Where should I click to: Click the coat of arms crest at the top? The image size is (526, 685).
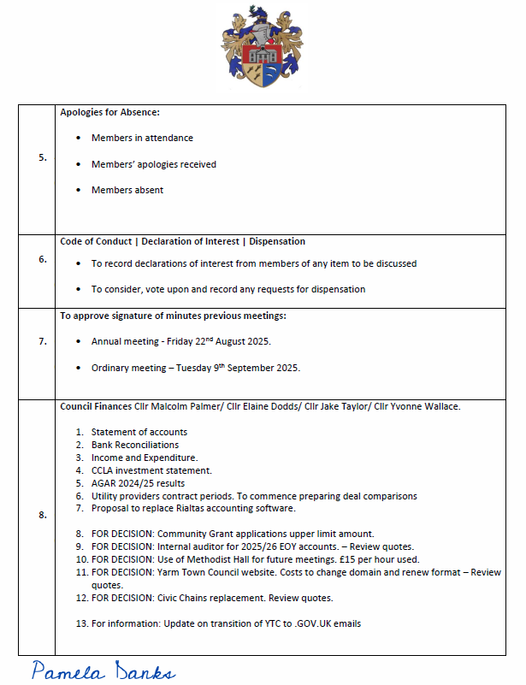click(x=263, y=48)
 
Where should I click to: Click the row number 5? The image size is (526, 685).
click(x=43, y=158)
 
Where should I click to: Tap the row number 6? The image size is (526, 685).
click(x=43, y=259)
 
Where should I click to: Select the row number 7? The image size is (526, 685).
click(x=43, y=341)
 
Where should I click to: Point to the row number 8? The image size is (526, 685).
click(x=43, y=515)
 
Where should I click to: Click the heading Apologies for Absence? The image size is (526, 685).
click(x=109, y=112)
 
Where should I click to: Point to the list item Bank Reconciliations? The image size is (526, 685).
click(x=135, y=445)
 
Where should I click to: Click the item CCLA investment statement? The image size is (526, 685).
click(x=151, y=470)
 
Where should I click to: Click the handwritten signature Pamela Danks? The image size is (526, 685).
click(x=103, y=670)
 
